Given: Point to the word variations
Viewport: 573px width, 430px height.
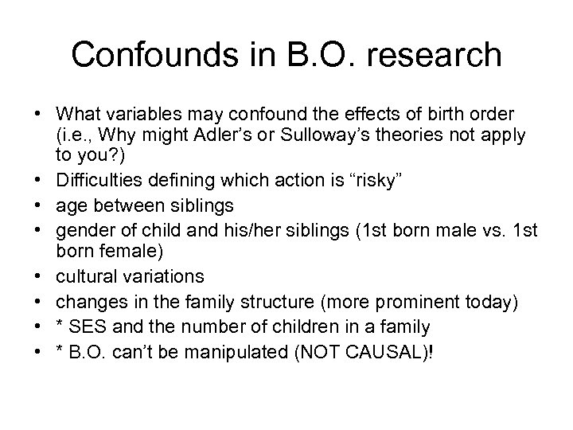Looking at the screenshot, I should tap(166, 278).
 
